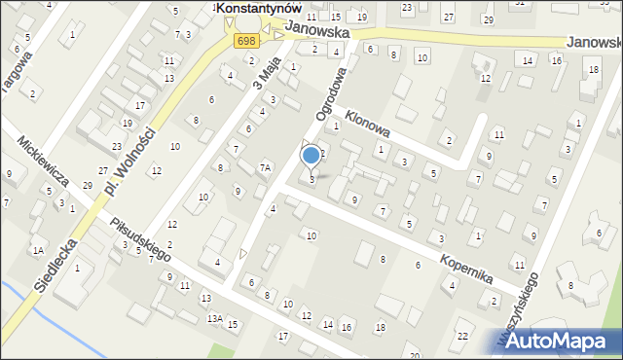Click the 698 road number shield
pyautogui.click(x=246, y=40)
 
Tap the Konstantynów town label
pyautogui.click(x=257, y=8)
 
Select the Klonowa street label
pyautogui.click(x=368, y=122)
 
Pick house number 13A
pyautogui.click(x=214, y=318)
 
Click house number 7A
pyautogui.click(x=264, y=168)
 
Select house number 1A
pyautogui.click(x=39, y=250)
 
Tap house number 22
pyautogui.click(x=462, y=336)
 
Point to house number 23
pyautogui.click(x=116, y=146)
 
